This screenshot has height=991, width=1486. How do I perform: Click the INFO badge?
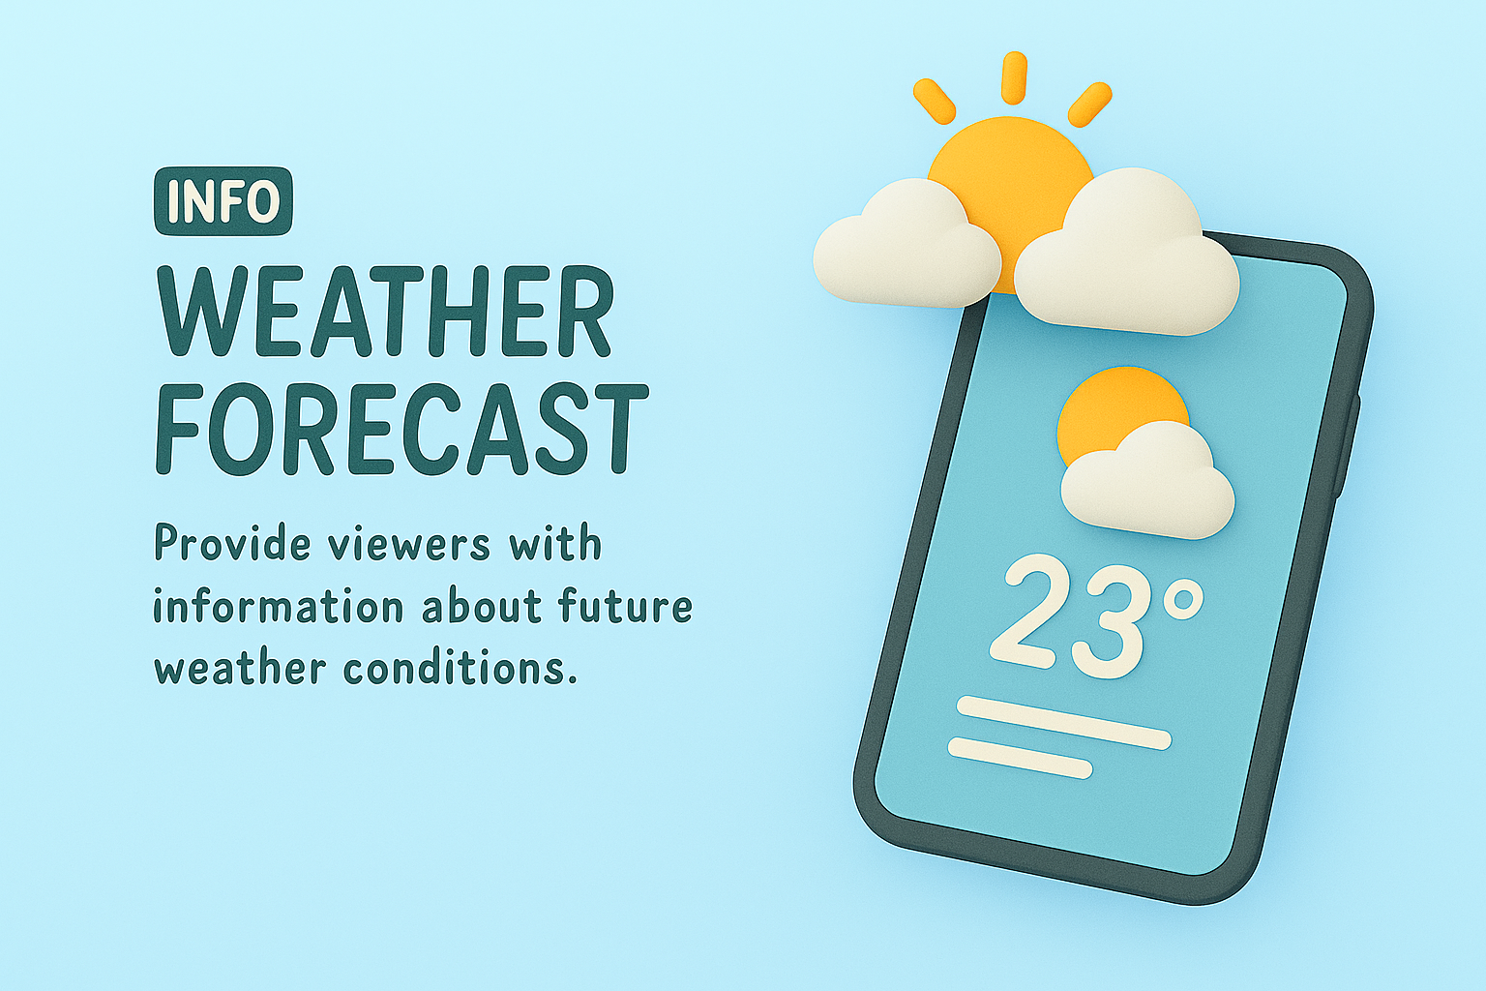(x=223, y=201)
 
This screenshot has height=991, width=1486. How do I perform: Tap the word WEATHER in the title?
(x=383, y=312)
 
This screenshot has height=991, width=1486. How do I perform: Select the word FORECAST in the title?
(x=401, y=428)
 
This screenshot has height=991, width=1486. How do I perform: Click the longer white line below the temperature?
(x=1063, y=722)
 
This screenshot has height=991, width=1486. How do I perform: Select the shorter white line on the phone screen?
(x=1021, y=758)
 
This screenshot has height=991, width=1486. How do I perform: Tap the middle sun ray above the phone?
(x=1014, y=78)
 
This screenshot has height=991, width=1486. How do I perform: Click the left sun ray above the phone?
(x=934, y=101)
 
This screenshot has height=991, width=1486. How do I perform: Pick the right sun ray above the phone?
(x=1090, y=105)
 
